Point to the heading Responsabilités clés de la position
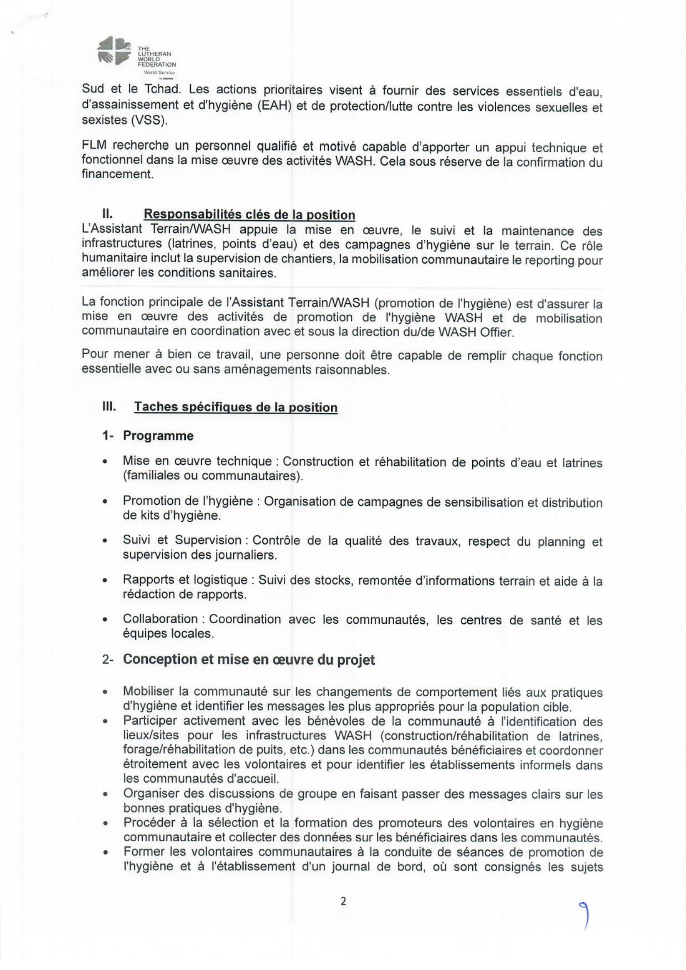click(x=249, y=215)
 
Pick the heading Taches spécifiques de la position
click(x=235, y=407)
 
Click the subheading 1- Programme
click(x=148, y=436)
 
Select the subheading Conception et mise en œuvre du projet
click(x=249, y=659)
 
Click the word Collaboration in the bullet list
click(x=160, y=619)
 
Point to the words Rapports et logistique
click(x=185, y=580)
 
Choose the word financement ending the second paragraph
click(x=117, y=174)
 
